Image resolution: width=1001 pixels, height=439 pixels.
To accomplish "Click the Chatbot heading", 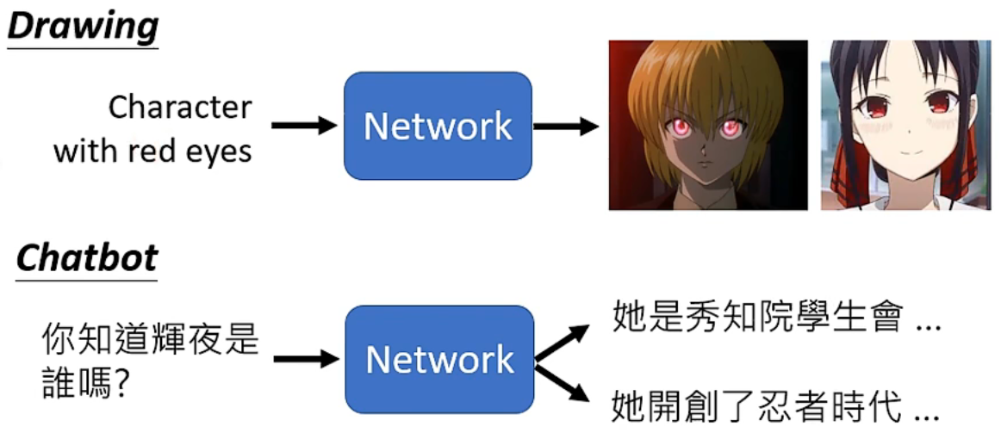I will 86,257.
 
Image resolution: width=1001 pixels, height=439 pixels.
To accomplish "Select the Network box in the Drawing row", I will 438,126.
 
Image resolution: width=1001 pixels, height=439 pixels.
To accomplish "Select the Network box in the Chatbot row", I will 439,359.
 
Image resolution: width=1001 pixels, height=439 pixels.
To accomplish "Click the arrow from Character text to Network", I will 303,126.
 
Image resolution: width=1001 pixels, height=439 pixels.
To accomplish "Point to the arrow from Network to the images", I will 565,126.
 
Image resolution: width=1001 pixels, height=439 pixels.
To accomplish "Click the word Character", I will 180,108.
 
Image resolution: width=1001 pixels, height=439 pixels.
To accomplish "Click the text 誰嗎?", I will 86,382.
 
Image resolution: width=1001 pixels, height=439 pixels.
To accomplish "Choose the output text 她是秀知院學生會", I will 757,318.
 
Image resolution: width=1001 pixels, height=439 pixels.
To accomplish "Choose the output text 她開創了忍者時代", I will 757,405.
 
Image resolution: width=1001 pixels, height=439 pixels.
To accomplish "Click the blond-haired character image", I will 708,125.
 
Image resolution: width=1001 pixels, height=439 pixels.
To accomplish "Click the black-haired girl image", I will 905,125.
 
